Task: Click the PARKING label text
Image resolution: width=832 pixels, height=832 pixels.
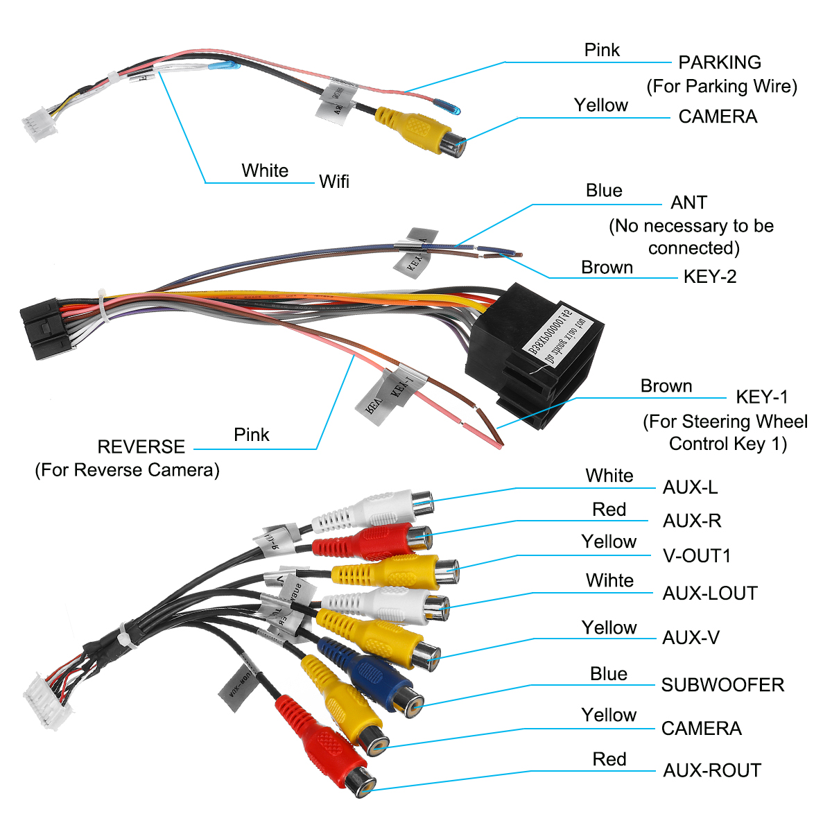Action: (720, 62)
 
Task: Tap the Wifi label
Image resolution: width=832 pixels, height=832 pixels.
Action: (334, 182)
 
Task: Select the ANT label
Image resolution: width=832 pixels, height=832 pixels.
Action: (688, 202)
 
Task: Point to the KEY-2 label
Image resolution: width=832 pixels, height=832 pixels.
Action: (710, 277)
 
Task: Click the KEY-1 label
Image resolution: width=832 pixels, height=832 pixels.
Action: (762, 397)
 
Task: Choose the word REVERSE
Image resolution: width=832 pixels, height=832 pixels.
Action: (141, 447)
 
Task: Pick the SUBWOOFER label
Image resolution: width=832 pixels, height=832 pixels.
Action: (722, 685)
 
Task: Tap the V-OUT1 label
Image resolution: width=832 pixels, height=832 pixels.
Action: (697, 556)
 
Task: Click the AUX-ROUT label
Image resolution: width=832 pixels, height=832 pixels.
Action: (712, 770)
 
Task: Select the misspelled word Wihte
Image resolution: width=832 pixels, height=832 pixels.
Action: (609, 580)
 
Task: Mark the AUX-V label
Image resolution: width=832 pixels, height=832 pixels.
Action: (691, 638)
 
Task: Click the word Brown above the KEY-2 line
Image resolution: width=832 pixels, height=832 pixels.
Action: (607, 268)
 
